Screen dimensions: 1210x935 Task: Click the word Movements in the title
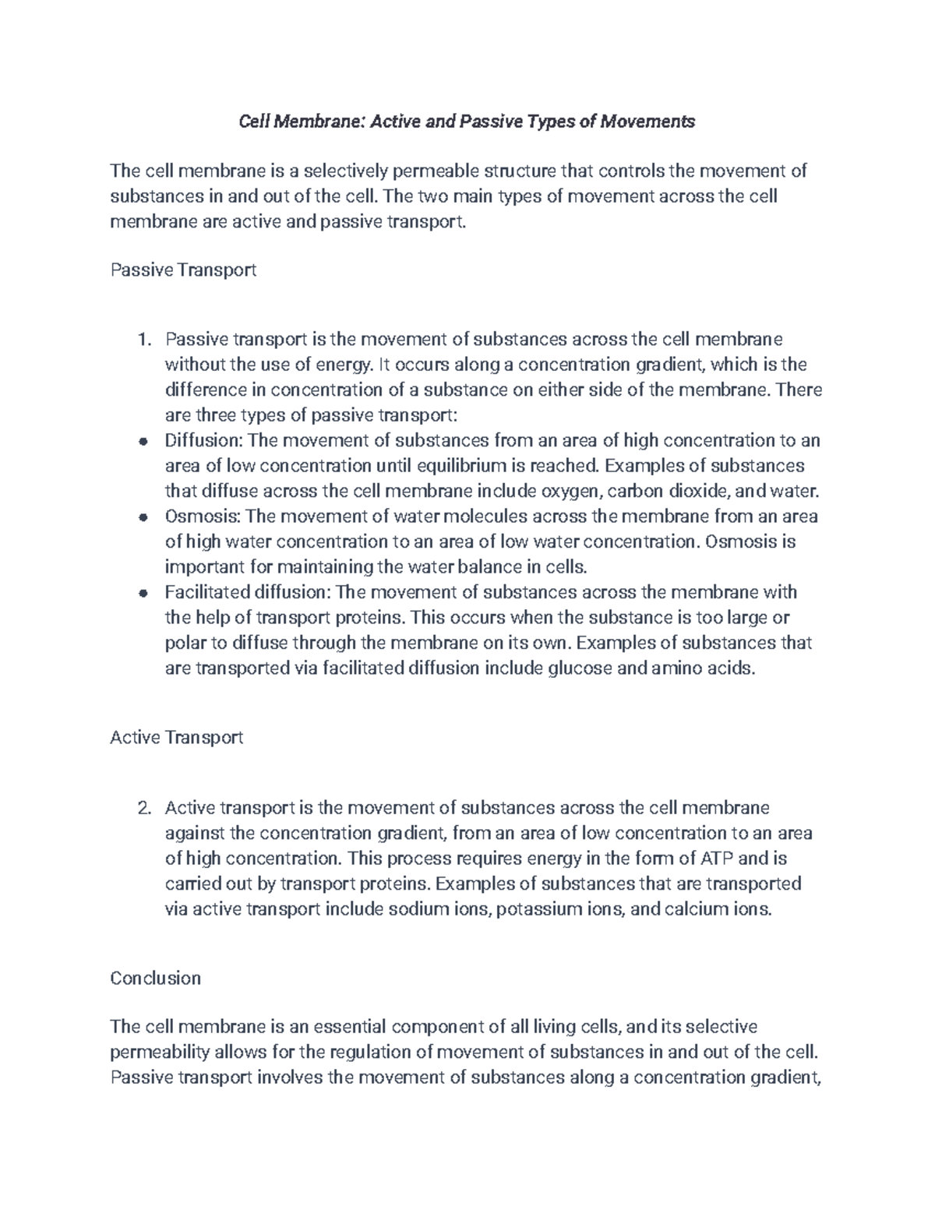[646, 122]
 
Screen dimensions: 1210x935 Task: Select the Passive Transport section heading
[183, 270]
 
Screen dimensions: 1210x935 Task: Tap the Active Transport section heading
[177, 737]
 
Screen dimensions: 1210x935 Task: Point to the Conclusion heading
[156, 979]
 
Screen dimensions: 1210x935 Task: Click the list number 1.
[142, 340]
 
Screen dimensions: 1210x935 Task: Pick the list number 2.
[142, 808]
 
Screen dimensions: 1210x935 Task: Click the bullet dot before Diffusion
[143, 442]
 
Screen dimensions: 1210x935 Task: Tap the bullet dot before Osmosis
[143, 517]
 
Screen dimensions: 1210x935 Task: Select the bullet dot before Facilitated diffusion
[143, 593]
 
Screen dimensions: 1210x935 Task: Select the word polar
[184, 644]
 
